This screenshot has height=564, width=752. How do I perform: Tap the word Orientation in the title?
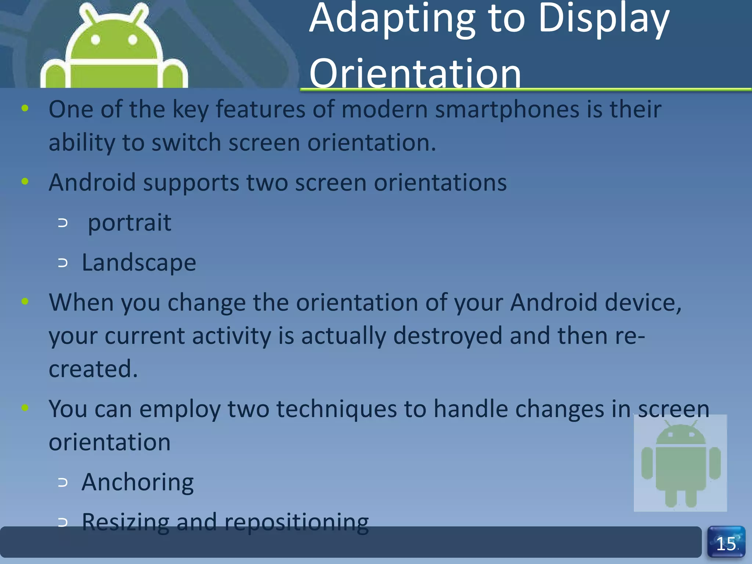tap(415, 73)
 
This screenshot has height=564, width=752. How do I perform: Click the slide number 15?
tap(726, 544)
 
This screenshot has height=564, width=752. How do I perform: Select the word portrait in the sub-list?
tap(130, 223)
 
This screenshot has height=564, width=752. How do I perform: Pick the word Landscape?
tap(139, 263)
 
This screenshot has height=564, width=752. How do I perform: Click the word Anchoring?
tap(138, 482)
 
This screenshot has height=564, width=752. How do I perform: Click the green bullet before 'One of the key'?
tap(25, 108)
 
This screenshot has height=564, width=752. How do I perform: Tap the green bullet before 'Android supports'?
tap(25, 181)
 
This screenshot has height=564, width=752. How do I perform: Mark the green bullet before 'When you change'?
tap(25, 301)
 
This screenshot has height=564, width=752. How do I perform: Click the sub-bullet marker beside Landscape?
tap(63, 263)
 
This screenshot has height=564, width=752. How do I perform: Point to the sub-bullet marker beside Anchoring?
tap(63, 482)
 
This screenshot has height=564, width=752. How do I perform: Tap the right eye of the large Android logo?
tap(133, 40)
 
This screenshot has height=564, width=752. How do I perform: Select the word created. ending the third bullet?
tap(93, 369)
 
